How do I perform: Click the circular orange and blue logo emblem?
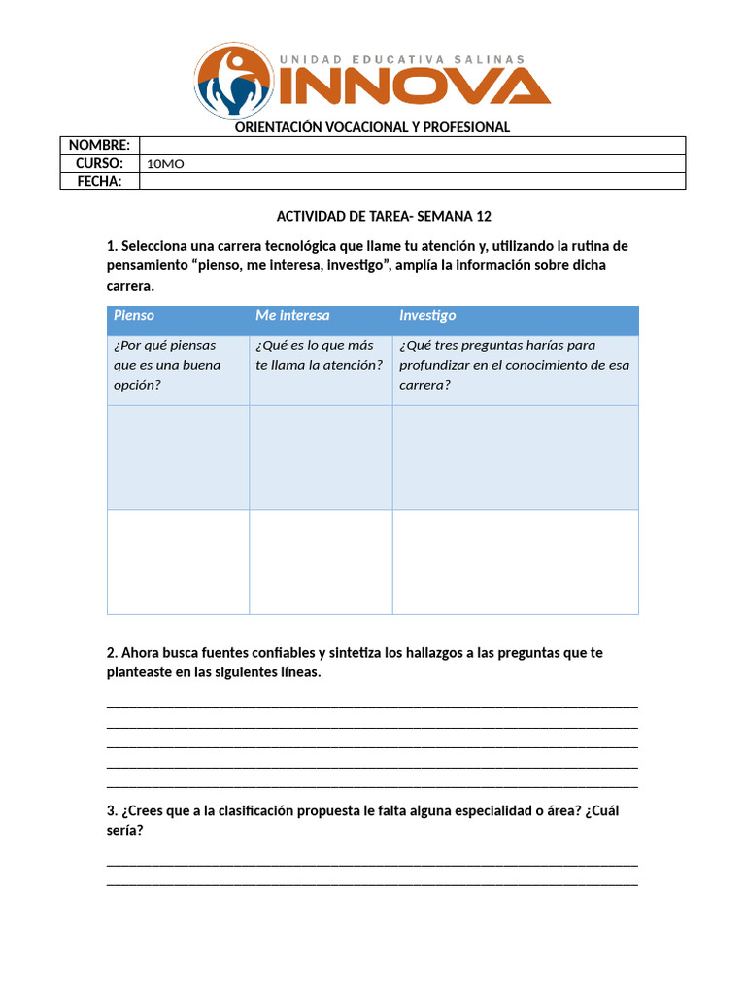[234, 81]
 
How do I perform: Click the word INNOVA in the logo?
[415, 87]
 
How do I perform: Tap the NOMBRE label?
[99, 145]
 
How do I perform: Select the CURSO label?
[99, 163]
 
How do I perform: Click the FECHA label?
[99, 181]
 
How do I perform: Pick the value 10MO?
[165, 163]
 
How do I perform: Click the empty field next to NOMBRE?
[412, 145]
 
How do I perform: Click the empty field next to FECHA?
[412, 181]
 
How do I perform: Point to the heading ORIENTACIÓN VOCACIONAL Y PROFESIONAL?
[373, 127]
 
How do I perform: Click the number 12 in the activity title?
[483, 216]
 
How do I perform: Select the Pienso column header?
[134, 315]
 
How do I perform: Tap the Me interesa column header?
[292, 315]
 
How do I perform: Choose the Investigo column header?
[427, 315]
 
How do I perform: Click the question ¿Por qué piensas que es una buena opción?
[167, 364]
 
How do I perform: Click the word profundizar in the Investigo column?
[435, 365]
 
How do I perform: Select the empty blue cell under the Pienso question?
[178, 457]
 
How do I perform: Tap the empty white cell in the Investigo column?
[515, 562]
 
